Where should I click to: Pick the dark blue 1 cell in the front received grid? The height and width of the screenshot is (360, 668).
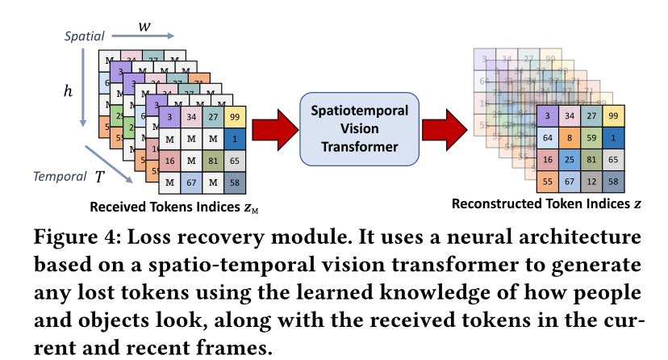coord(236,140)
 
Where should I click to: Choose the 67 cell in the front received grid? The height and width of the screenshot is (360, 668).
coord(193,183)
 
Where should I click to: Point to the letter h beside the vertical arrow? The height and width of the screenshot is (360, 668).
coord(68,91)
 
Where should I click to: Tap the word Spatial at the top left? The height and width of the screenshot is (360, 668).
coord(83,36)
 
